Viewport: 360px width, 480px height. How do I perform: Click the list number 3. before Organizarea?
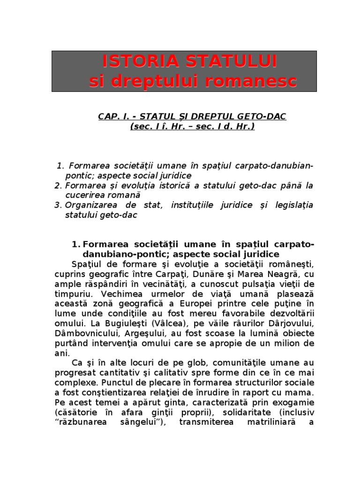tap(58, 205)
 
